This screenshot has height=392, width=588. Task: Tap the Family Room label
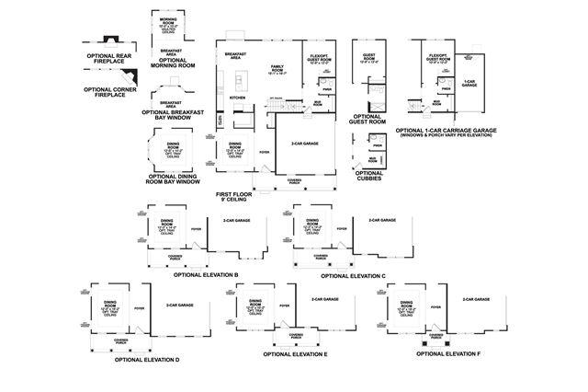coord(276,69)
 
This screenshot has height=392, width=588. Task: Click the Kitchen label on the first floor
coord(237,97)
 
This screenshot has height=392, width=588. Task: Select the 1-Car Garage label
coord(469,82)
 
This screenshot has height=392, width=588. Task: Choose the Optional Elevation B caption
coord(206,274)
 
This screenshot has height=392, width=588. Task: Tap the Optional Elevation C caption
coord(353,275)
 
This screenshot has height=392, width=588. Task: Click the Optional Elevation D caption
coord(147,359)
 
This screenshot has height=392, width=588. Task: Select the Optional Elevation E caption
coord(296,353)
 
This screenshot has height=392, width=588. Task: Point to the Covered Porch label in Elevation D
coord(121,340)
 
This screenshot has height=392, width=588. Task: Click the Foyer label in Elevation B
coord(196,228)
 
